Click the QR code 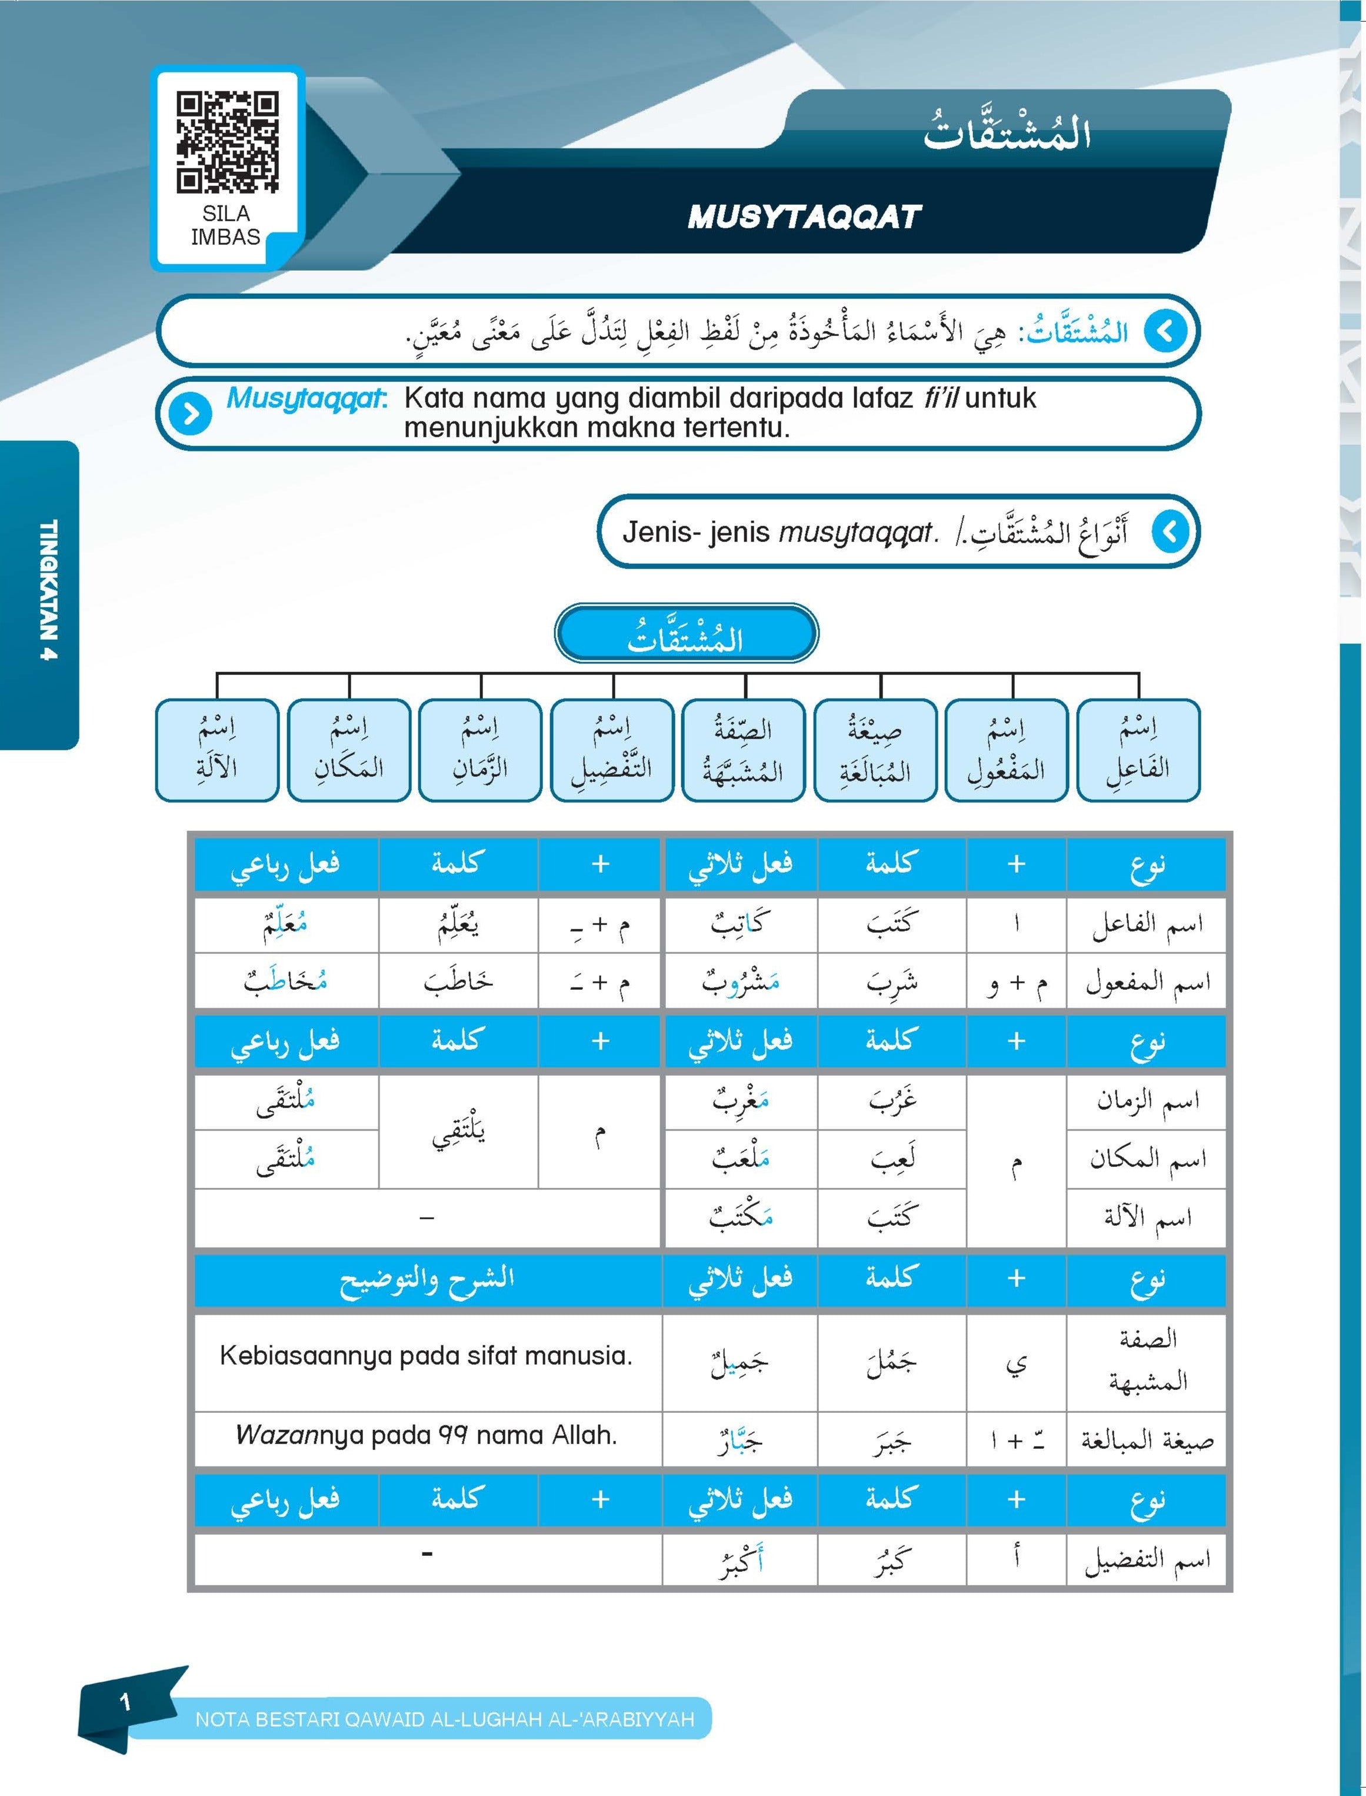(227, 142)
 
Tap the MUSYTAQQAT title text (804, 217)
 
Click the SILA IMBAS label (225, 225)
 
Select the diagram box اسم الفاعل (1138, 749)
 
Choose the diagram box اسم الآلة (216, 749)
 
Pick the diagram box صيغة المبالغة (875, 749)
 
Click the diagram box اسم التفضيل (611, 749)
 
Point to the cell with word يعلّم (458, 924)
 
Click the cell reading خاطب (458, 982)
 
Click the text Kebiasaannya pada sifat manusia (426, 1356)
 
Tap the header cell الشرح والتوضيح (426, 1279)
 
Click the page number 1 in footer (124, 1701)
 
